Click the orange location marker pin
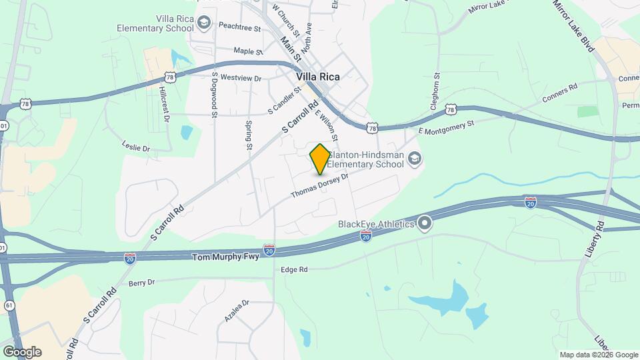[320, 159]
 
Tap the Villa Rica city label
[318, 77]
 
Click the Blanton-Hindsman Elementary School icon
[415, 159]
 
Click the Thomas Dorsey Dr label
[320, 186]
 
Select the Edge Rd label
[294, 269]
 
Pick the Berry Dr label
[141, 282]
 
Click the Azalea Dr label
[236, 311]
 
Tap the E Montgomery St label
[446, 123]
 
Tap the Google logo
[22, 351]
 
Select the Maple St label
[248, 51]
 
